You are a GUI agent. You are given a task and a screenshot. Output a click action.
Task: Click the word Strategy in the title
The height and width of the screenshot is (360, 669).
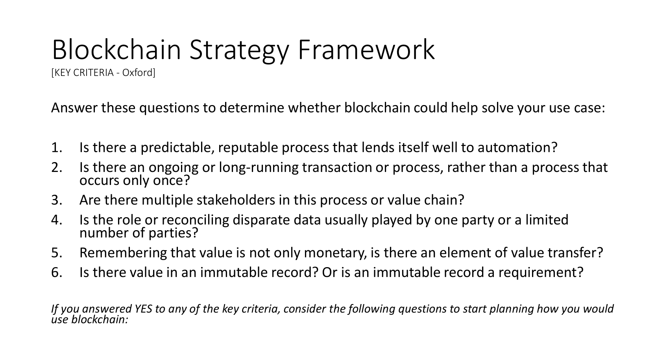pos(239,50)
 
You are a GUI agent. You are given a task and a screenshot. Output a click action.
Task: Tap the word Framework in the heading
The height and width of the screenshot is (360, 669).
pos(366,49)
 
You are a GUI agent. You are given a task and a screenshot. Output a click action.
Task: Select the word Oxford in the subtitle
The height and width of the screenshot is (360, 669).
pos(138,72)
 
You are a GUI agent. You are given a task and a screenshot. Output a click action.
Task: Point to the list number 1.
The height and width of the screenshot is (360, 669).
pos(57,148)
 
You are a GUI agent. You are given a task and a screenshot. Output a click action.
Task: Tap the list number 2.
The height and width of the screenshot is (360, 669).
pos(57,167)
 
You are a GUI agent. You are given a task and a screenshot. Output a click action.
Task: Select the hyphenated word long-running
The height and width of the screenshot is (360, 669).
pos(259,168)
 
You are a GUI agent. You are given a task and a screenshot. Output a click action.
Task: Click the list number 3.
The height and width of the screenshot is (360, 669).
pos(57,200)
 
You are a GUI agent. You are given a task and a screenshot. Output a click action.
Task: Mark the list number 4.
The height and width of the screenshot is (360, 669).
pos(57,220)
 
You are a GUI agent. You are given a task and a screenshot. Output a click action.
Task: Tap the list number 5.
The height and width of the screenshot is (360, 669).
pos(57,253)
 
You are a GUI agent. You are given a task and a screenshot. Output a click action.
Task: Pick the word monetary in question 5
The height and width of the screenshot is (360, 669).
pos(335,253)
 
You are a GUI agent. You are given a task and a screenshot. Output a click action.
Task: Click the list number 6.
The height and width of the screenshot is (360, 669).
pos(57,272)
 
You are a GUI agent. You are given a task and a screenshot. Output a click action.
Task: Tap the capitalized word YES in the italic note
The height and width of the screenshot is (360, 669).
pos(143,309)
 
